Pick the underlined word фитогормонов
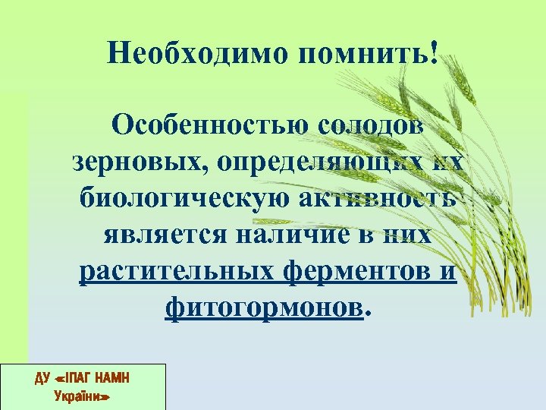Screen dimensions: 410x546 pos(262,307)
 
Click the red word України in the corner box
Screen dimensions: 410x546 pos(84,396)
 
